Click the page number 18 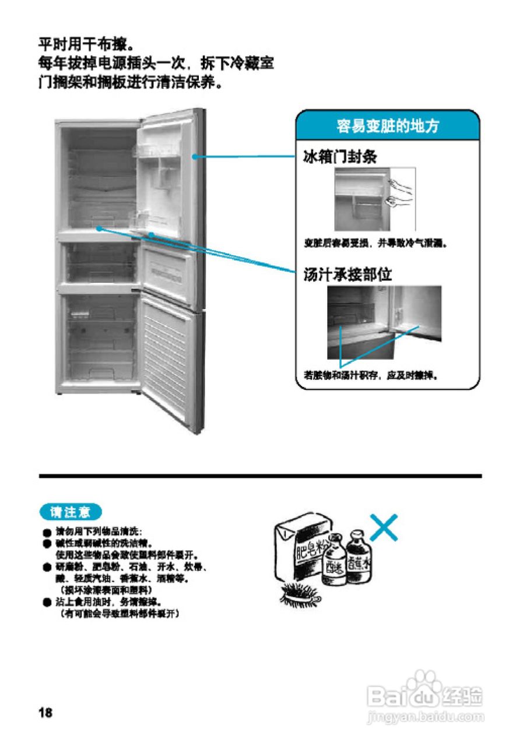(x=45, y=712)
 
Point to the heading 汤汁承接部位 (x=347, y=274)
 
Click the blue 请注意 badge (x=71, y=512)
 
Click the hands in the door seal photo (x=399, y=192)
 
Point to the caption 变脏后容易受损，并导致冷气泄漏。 (x=375, y=243)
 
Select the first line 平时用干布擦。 (x=86, y=44)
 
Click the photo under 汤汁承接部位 (x=384, y=322)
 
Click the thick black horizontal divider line (x=260, y=476)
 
